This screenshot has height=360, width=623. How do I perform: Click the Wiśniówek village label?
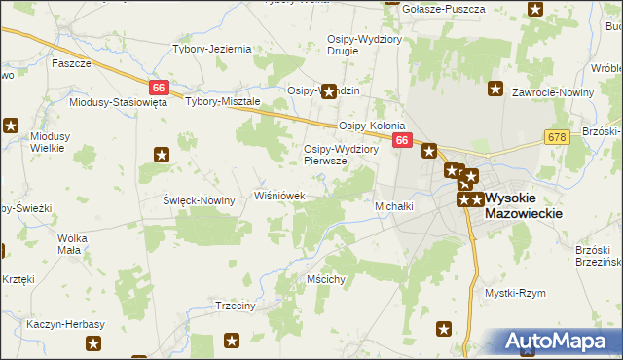280,196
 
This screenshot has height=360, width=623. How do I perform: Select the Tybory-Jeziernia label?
212,49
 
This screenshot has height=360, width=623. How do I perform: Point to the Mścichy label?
326,279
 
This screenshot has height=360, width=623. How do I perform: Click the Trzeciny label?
235,306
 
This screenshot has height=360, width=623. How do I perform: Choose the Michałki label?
395,206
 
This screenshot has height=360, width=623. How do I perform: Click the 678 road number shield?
556,138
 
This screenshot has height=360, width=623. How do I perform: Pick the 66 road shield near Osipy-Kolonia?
402,142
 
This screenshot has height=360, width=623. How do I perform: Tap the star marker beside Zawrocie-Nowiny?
496,90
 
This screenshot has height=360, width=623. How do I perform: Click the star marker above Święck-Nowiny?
162,154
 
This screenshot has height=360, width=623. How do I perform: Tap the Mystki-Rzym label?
515,292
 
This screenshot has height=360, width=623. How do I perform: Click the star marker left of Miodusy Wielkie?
11,125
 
